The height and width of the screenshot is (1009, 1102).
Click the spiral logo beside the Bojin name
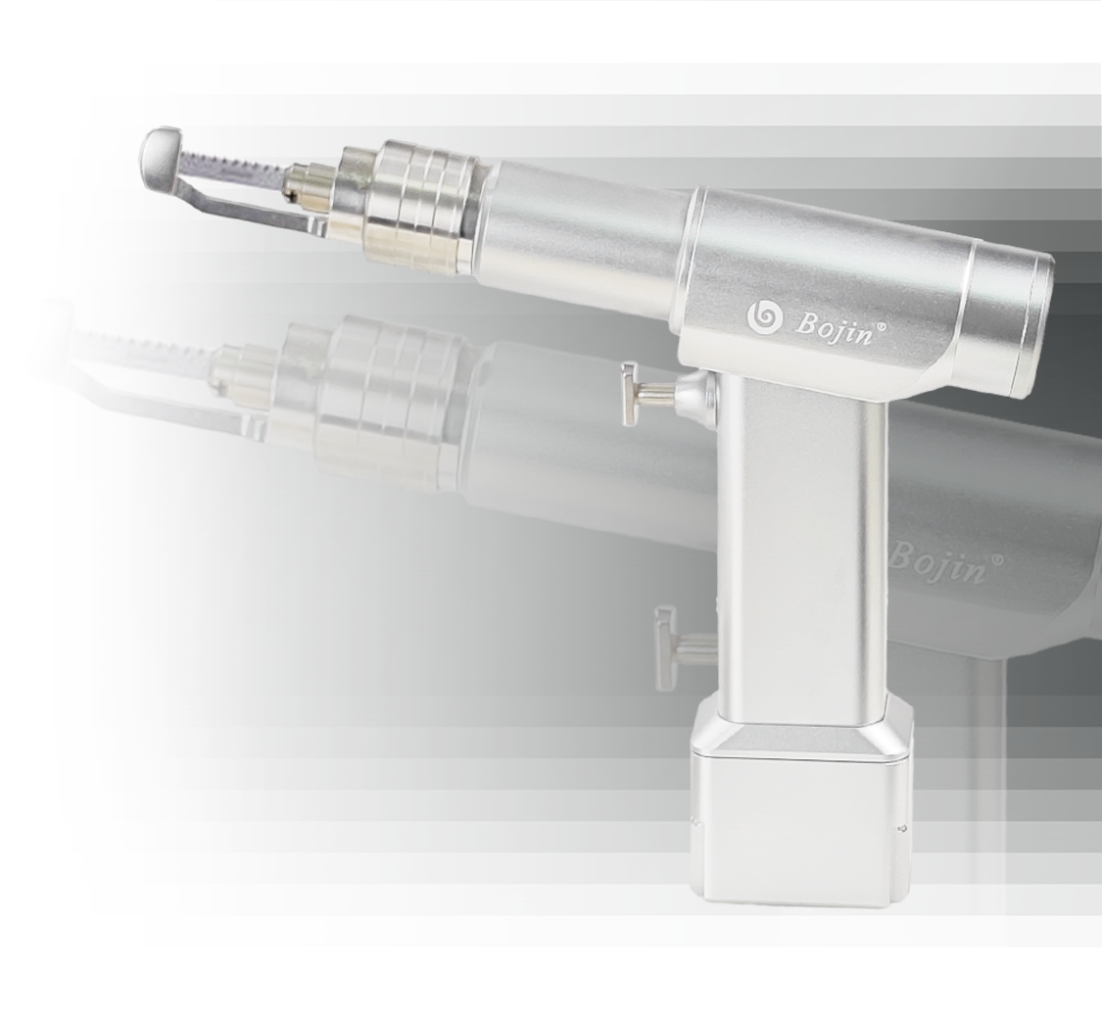764,316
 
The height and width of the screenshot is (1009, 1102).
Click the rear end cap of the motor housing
1009,316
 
